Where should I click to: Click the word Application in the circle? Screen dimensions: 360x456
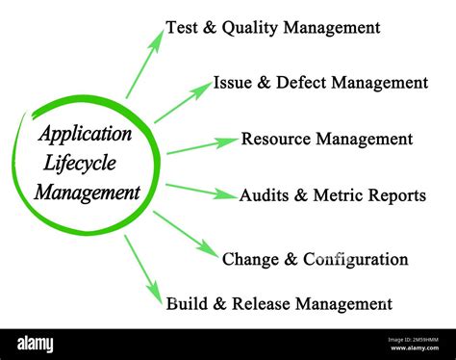pos(85,134)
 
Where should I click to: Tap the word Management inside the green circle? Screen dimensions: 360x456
pos(88,192)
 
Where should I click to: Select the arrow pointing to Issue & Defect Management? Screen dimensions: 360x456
pos(183,102)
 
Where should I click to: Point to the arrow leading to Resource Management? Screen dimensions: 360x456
pos(201,145)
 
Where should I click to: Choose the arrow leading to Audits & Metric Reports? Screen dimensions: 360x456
pos(201,191)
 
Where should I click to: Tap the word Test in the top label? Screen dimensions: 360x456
pos(182,28)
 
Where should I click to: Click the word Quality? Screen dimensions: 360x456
pos(249,28)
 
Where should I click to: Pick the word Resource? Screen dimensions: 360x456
pos(276,140)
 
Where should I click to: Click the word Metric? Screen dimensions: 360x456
pos(337,196)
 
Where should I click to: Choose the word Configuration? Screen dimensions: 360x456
pos(356,260)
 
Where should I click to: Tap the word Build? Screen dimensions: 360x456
pos(185,305)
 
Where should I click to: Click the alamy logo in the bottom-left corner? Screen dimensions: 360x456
pos(36,344)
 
